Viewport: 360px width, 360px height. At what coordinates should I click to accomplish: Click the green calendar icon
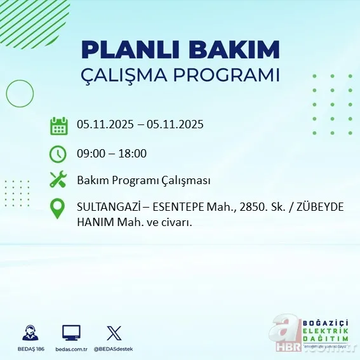tap(58, 126)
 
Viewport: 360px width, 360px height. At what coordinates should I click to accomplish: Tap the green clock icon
tap(58, 153)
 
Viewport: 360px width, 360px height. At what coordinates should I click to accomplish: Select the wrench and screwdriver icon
tap(58, 180)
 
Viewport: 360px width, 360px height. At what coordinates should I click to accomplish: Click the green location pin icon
tap(58, 209)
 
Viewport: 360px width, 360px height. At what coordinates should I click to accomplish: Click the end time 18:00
tap(133, 153)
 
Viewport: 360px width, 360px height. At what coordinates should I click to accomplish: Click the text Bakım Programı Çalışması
tap(143, 180)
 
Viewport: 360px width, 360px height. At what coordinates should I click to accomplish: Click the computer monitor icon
tap(71, 332)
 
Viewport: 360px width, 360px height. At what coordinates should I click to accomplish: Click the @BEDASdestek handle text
tap(114, 349)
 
